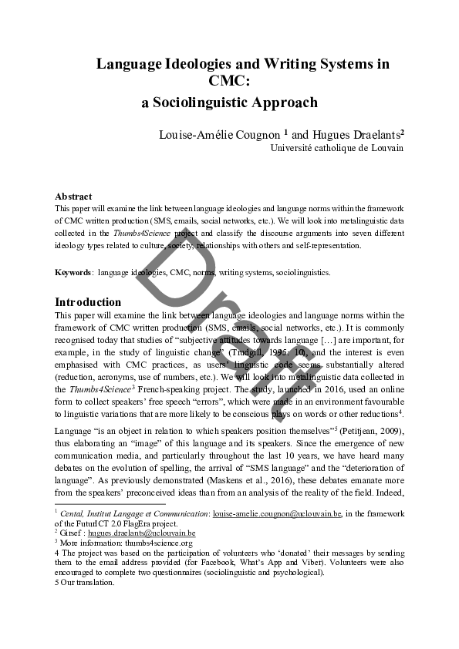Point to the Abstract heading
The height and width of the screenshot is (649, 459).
click(x=73, y=197)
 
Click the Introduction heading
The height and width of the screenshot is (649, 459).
click(x=88, y=301)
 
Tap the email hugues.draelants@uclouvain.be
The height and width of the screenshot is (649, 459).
click(x=140, y=532)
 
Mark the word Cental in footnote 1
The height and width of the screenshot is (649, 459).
click(x=74, y=512)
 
